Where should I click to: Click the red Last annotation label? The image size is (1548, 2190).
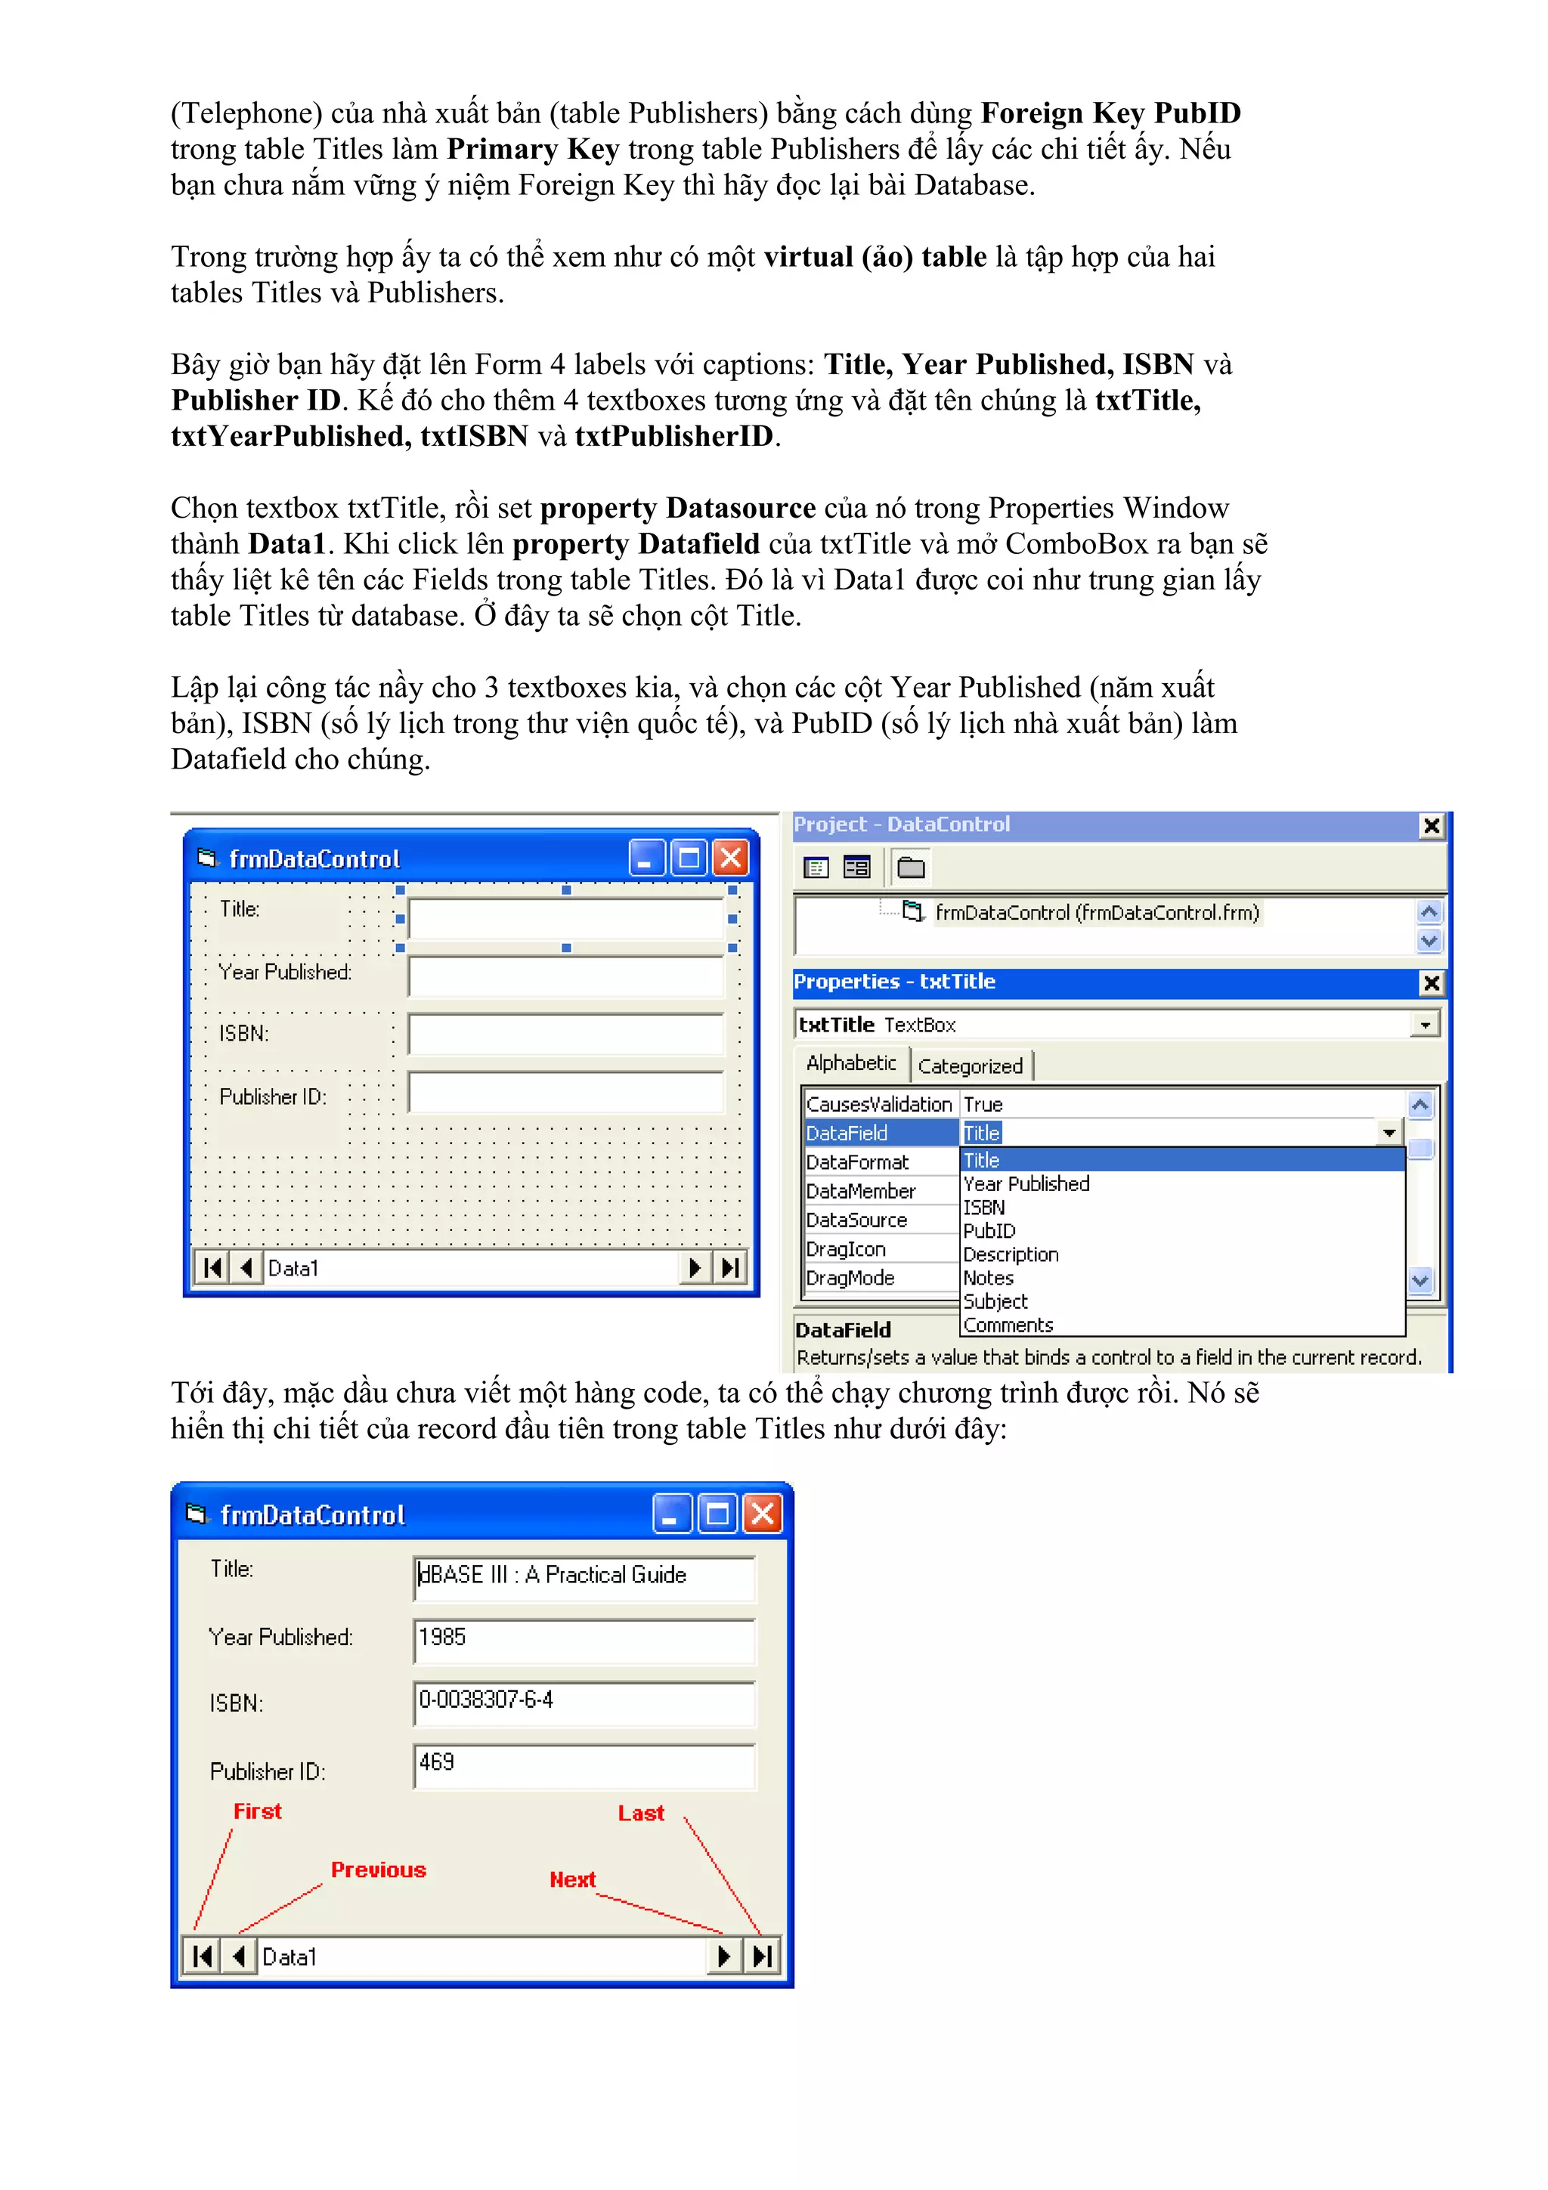pyautogui.click(x=640, y=1812)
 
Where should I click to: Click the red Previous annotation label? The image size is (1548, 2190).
pyautogui.click(x=378, y=1870)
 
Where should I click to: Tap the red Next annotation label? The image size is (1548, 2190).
pyautogui.click(x=571, y=1879)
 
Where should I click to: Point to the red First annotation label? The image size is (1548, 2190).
pyautogui.click(x=258, y=1811)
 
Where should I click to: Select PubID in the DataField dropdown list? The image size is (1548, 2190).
pyautogui.click(x=989, y=1230)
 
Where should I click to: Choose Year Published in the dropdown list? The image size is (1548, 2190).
pyautogui.click(x=1026, y=1183)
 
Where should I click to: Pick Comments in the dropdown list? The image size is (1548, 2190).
pyautogui.click(x=1008, y=1325)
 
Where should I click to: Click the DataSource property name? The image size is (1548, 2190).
pyautogui.click(x=856, y=1220)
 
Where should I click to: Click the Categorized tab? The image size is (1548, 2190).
pyautogui.click(x=970, y=1066)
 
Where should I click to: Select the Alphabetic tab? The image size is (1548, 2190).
pyautogui.click(x=851, y=1063)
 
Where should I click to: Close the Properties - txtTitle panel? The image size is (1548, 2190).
pyautogui.click(x=1431, y=982)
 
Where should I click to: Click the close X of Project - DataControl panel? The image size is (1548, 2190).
pyautogui.click(x=1431, y=825)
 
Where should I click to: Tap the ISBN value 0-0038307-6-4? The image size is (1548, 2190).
pyautogui.click(x=584, y=1702)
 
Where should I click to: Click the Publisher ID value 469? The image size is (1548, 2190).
pyautogui.click(x=584, y=1765)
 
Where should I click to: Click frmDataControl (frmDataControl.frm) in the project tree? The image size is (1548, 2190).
pyautogui.click(x=1096, y=913)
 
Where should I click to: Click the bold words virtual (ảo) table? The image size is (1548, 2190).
pyautogui.click(x=875, y=257)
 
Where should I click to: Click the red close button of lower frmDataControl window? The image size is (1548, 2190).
pyautogui.click(x=763, y=1514)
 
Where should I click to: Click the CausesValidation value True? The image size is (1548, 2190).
pyautogui.click(x=983, y=1105)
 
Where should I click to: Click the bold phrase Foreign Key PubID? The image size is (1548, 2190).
pyautogui.click(x=1110, y=113)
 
